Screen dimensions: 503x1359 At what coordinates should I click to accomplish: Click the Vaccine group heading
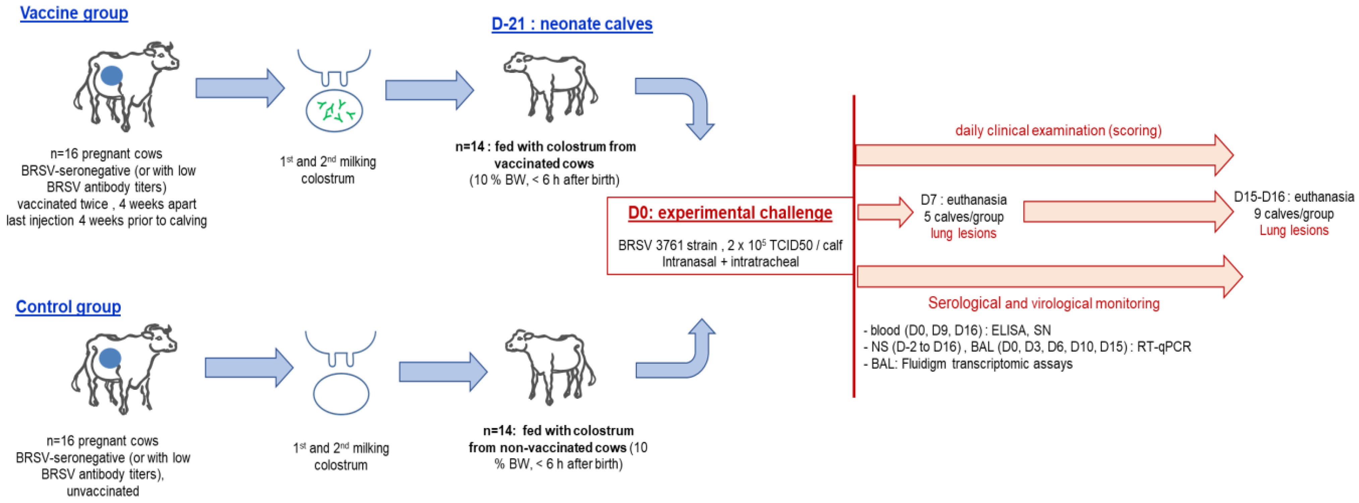coord(74,13)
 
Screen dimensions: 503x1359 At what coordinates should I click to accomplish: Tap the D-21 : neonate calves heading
coord(572,24)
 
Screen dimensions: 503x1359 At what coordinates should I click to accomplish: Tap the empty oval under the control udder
coord(341,394)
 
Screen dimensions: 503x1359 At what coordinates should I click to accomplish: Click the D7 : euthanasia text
coord(963,200)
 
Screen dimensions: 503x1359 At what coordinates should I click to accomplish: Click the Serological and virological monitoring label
coord(1044,303)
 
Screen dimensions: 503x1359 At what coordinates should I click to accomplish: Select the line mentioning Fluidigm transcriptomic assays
coord(971,364)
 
